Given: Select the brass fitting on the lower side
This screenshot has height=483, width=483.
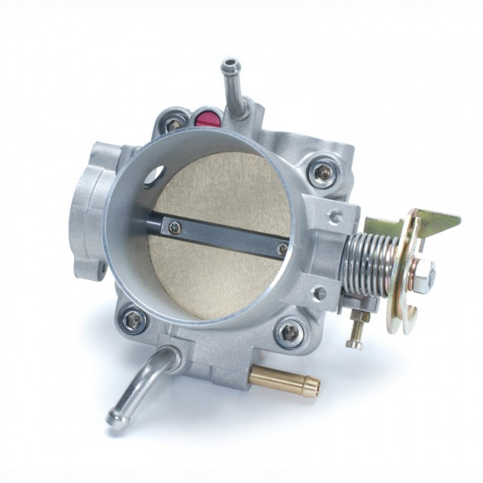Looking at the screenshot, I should point(287,380).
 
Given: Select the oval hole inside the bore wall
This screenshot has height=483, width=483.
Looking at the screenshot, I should point(155,175).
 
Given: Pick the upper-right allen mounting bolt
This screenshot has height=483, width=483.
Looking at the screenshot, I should point(322,172).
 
